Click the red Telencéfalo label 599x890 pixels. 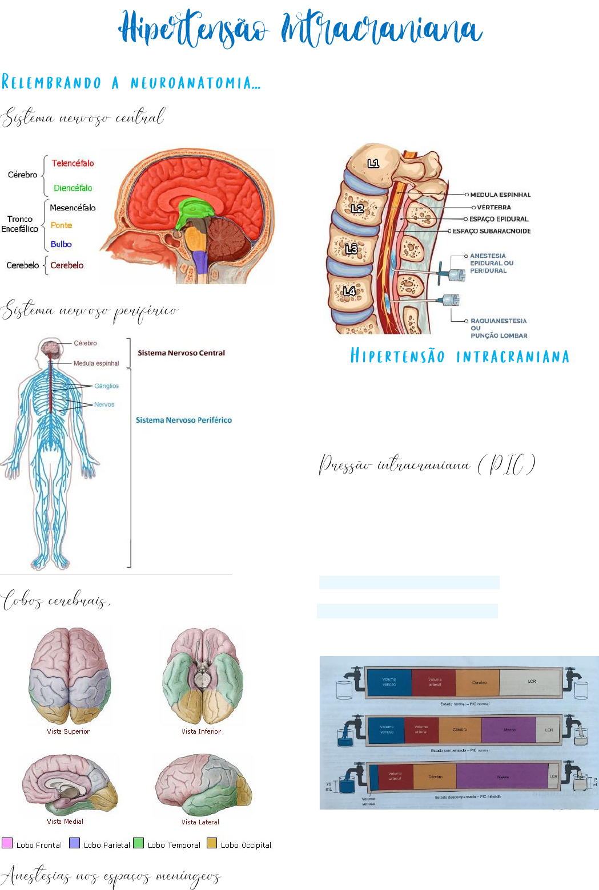[x=73, y=163]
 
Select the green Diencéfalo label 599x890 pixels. [x=73, y=188]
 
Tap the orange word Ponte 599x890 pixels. [x=61, y=225]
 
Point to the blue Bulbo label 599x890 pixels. [x=61, y=244]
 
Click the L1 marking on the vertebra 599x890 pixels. [x=373, y=164]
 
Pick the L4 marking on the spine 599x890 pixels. [x=349, y=291]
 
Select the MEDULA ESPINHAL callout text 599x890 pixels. [x=500, y=195]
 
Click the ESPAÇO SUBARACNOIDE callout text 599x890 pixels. [x=492, y=231]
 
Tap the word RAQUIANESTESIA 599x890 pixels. [x=499, y=321]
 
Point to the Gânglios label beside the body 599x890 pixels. [x=107, y=386]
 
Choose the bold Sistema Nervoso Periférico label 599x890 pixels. [x=183, y=420]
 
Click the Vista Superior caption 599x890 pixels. [x=68, y=731]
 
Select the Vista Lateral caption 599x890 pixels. [x=200, y=822]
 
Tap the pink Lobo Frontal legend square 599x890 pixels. [x=7, y=843]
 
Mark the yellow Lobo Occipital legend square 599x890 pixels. [x=212, y=843]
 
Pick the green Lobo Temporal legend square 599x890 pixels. [x=138, y=843]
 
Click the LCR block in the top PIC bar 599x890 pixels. [x=531, y=682]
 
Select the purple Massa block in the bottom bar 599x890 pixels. [x=502, y=777]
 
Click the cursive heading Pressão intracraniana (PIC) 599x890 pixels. [x=427, y=465]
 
